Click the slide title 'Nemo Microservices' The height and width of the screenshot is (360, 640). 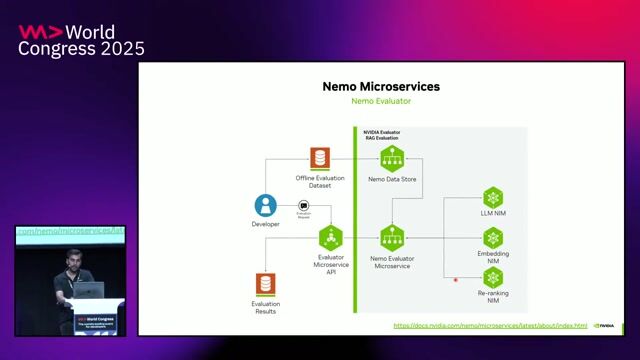click(380, 86)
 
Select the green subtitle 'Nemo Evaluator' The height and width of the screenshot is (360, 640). click(380, 102)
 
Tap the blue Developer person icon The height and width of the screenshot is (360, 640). click(265, 205)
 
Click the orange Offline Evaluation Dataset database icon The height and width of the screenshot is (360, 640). click(319, 158)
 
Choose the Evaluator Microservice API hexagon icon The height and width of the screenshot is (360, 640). click(330, 237)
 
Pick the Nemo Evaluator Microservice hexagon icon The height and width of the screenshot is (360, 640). click(392, 237)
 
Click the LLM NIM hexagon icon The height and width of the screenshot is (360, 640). click(492, 197)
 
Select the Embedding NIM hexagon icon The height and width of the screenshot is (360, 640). click(492, 238)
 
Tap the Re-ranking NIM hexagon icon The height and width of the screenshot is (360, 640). click(492, 279)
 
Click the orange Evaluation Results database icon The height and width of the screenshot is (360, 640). click(265, 284)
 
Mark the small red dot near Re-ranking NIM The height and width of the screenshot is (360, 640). click(456, 279)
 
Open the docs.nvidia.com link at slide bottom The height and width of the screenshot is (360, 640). click(489, 325)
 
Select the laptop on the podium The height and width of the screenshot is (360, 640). click(91, 291)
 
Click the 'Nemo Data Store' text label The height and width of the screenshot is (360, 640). click(392, 179)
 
